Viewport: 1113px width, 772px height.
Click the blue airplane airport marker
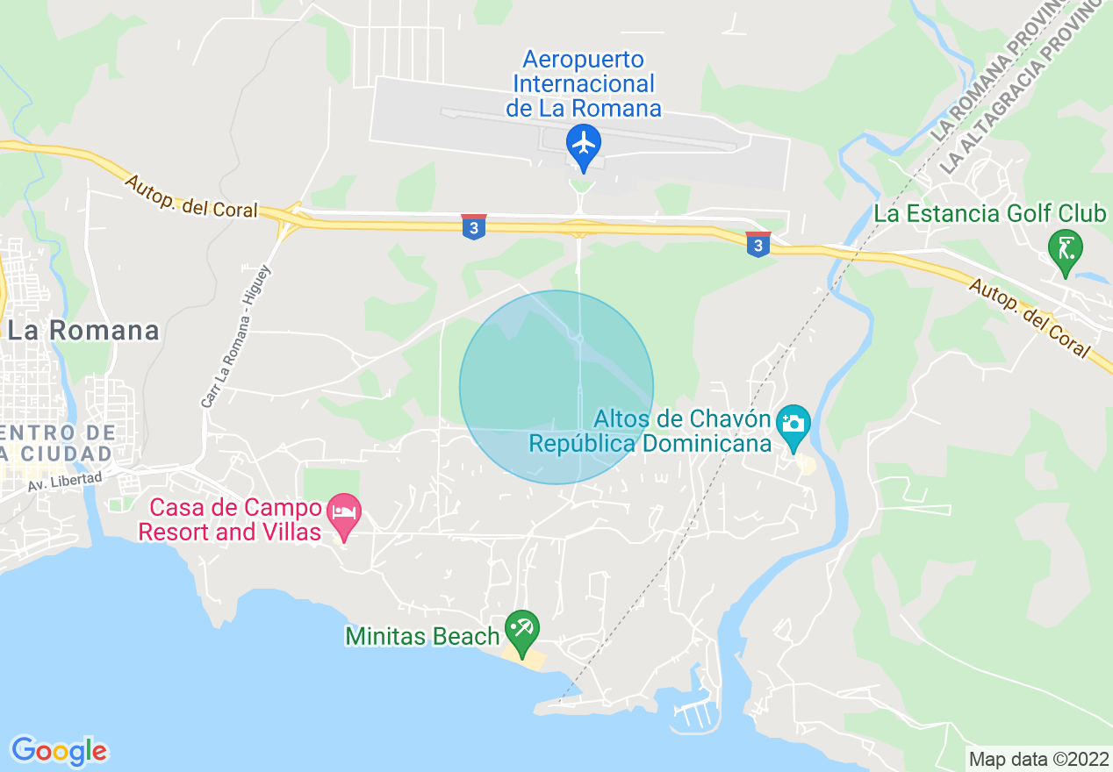[583, 142]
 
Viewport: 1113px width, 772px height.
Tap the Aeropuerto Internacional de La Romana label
[584, 84]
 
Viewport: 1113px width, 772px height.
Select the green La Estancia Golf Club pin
[1066, 248]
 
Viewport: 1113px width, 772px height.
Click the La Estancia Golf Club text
[989, 213]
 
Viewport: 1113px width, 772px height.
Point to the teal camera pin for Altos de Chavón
[793, 424]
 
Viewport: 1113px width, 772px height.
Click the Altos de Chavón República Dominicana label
[650, 431]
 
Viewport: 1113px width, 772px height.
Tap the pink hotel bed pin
[343, 511]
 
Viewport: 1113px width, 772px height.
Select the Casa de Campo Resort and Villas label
[230, 519]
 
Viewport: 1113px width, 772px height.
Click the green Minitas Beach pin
[522, 629]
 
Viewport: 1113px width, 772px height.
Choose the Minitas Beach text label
[422, 636]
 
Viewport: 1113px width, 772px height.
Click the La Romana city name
[83, 331]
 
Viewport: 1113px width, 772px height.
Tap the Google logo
[59, 751]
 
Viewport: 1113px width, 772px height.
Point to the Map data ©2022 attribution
[1038, 759]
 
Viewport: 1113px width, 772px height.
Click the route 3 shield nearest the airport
[473, 226]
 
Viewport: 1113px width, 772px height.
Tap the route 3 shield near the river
[758, 244]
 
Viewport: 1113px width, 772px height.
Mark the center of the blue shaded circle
[556, 387]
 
